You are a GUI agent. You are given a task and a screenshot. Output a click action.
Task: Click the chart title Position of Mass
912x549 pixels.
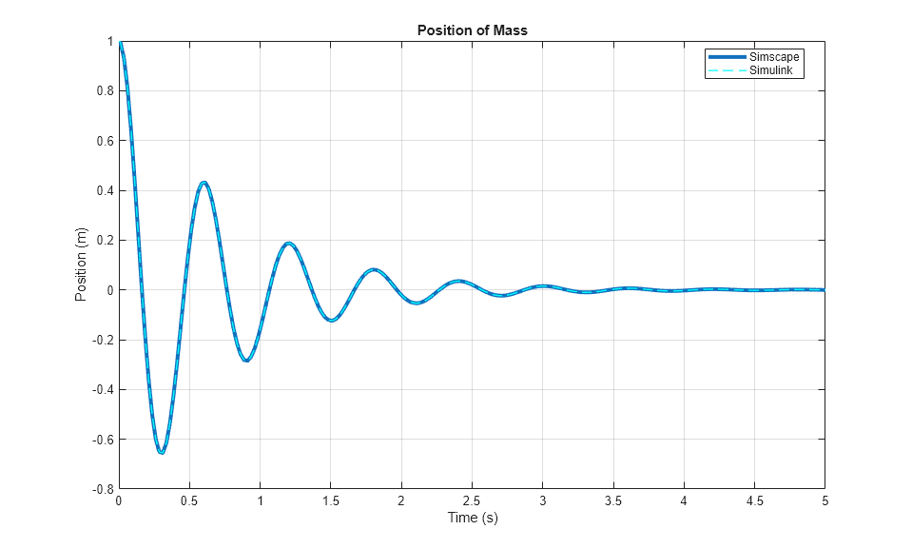point(472,30)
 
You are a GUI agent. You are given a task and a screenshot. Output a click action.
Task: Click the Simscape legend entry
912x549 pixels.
point(774,57)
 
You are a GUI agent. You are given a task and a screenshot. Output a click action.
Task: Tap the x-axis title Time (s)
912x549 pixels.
point(472,519)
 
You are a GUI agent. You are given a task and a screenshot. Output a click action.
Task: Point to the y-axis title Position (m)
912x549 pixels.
point(81,265)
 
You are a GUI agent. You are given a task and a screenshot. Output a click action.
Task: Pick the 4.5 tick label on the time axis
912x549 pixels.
point(754,500)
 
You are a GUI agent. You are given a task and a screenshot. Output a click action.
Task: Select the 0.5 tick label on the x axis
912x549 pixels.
point(189,500)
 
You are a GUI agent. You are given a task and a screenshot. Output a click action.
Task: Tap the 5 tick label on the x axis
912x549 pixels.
point(825,500)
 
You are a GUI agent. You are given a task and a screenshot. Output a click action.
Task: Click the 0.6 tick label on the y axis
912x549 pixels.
point(104,141)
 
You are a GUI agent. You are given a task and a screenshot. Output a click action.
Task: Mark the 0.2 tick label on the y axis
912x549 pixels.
point(104,240)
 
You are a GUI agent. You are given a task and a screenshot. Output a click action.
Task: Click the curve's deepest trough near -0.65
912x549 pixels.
point(162,452)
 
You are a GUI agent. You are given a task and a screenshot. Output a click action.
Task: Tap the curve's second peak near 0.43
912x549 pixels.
point(204,183)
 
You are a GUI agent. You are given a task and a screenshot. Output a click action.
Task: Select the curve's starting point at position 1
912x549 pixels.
point(120,42)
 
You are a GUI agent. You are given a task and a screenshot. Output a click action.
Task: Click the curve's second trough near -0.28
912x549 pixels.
point(246,361)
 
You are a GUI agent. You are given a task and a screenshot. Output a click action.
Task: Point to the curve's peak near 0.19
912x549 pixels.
point(288,243)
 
